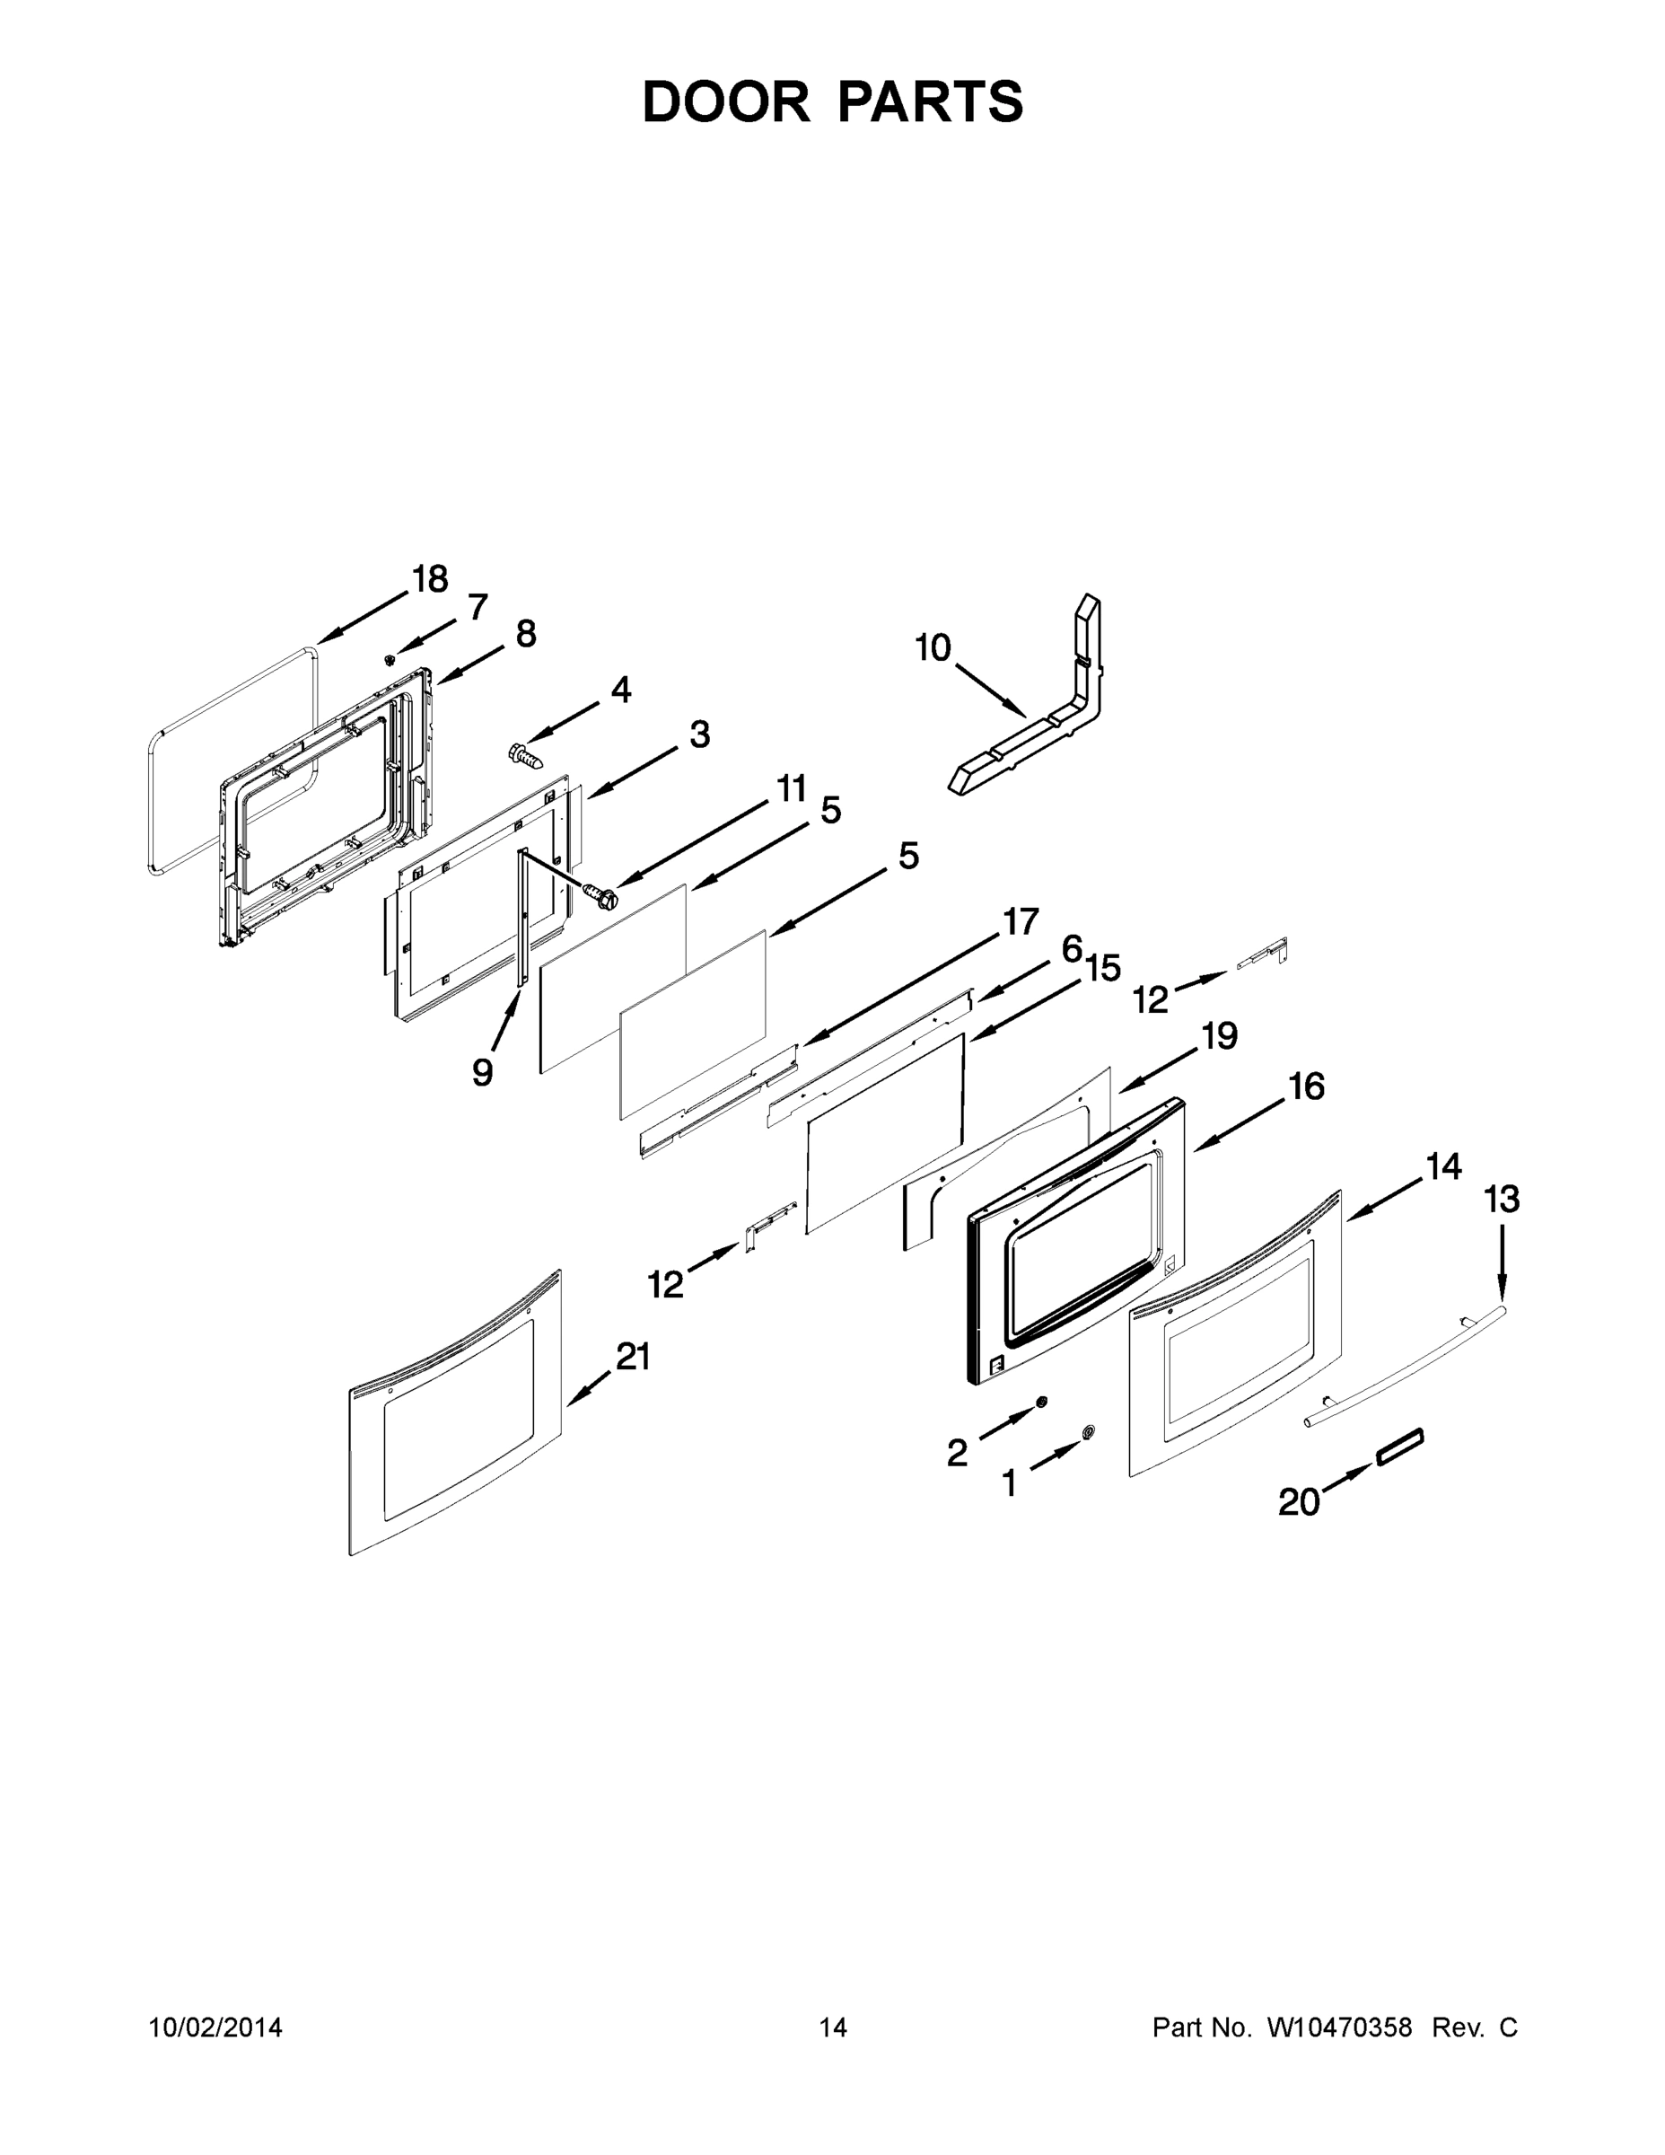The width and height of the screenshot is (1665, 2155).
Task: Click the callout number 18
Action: [x=430, y=579]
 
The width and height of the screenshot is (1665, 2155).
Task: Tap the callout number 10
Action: [x=932, y=648]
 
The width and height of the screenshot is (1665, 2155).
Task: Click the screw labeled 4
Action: [x=527, y=756]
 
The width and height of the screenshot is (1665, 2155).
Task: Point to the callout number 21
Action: [x=634, y=1357]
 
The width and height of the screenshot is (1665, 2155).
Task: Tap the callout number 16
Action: [x=1306, y=1086]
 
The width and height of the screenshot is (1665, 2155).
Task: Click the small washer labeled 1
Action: [x=1088, y=1432]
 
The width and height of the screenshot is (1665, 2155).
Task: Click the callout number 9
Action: [x=482, y=1070]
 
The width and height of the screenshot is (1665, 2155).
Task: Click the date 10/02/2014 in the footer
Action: [x=215, y=2027]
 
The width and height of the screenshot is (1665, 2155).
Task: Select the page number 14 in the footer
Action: [x=833, y=2027]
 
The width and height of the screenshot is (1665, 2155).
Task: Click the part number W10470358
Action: [x=1339, y=2027]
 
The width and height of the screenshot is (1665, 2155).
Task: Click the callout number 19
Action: [x=1219, y=1035]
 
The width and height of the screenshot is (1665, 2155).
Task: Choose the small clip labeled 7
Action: [x=390, y=658]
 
